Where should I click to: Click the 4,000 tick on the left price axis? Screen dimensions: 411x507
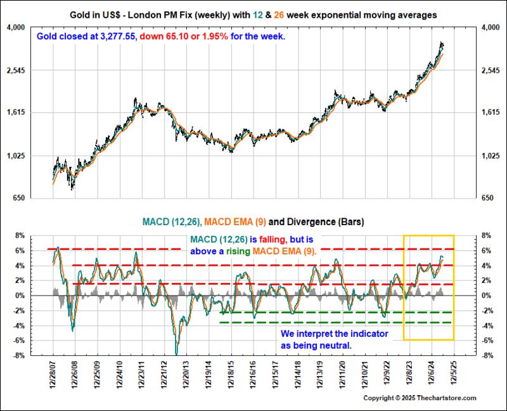(x=15, y=27)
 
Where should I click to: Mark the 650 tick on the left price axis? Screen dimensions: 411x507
(x=18, y=199)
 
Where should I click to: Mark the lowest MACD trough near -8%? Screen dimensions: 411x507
(x=177, y=353)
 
